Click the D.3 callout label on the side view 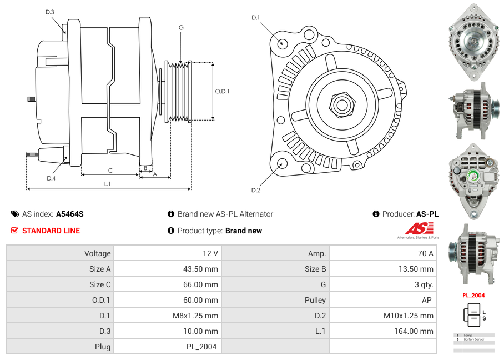pos(50,12)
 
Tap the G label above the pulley pos(181,27)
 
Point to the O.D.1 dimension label pos(222,91)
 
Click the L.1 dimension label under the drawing pos(108,184)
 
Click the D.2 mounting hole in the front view pos(281,163)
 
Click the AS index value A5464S pos(69,214)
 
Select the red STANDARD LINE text pos(51,231)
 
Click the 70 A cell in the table pos(425,253)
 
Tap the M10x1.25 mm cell pos(409,316)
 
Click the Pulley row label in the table pos(315,300)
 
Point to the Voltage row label pos(97,253)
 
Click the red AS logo pos(419,228)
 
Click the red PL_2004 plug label pos(473,296)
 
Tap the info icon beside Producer pos(376,214)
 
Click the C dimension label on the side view pos(110,171)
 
